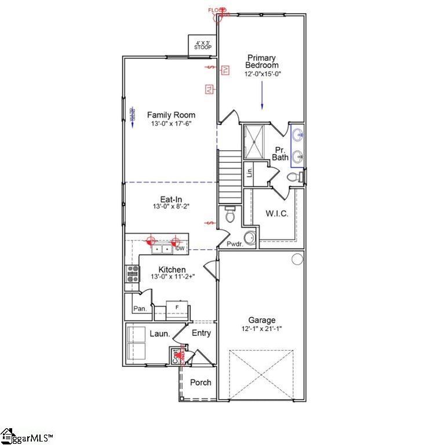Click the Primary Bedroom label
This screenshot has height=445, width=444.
coord(262,61)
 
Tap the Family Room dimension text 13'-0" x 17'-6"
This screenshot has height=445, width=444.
coord(170,123)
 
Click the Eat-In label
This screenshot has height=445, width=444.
coord(171,199)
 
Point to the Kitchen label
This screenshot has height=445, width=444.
coord(172,269)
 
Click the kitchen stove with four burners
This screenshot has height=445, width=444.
coord(133,273)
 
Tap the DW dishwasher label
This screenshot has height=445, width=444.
coord(180,249)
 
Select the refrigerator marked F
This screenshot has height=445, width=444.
coord(177,307)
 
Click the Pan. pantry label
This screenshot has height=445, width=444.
coord(140,309)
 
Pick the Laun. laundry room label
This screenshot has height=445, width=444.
coord(159,334)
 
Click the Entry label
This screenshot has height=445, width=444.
coord(201,333)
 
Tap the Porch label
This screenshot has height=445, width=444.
coord(201,382)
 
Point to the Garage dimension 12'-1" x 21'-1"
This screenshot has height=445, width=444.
coord(262,329)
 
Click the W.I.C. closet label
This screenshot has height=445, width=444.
coord(277,214)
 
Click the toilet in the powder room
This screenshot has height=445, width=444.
coord(230,214)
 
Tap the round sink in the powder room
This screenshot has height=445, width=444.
coord(249,238)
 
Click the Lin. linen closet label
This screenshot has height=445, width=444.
coord(249,172)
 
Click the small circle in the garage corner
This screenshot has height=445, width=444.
coord(297,259)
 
